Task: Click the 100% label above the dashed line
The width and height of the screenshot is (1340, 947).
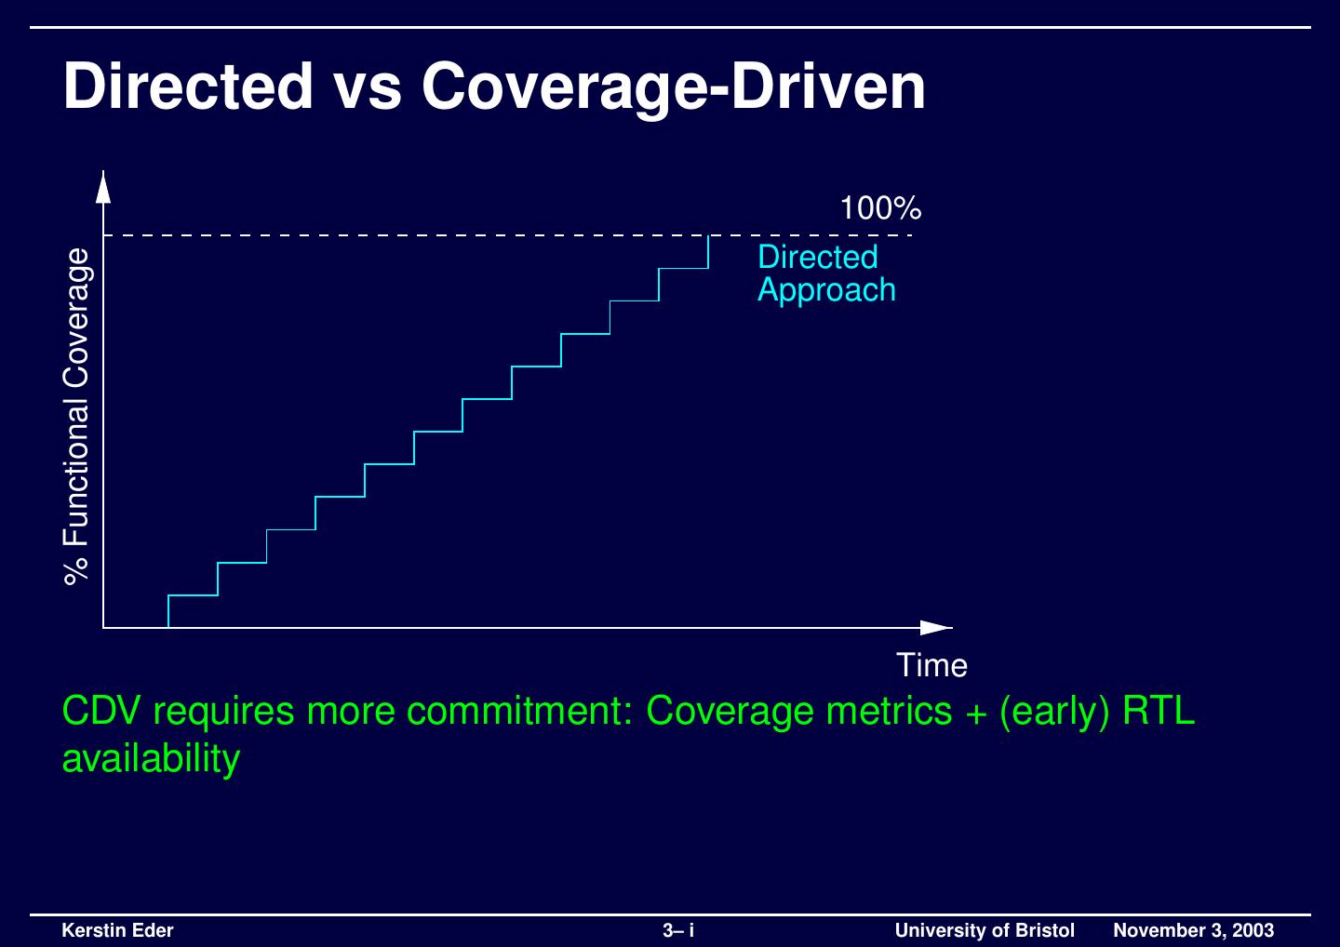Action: point(880,208)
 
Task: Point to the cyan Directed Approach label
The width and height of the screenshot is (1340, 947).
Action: point(826,273)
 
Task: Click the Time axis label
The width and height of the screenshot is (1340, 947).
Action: point(931,666)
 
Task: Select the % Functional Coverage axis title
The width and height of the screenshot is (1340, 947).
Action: point(78,415)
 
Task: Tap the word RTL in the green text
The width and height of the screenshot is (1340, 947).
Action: point(1159,712)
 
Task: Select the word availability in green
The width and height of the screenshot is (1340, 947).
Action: point(151,759)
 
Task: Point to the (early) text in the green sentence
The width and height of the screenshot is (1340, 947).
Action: point(1054,712)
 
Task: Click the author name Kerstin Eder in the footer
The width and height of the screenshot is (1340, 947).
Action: point(117,930)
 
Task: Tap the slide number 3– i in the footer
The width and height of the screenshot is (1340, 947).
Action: point(678,930)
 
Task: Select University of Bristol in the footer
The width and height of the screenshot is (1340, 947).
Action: point(985,930)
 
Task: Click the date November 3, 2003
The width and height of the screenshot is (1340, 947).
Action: point(1194,930)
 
